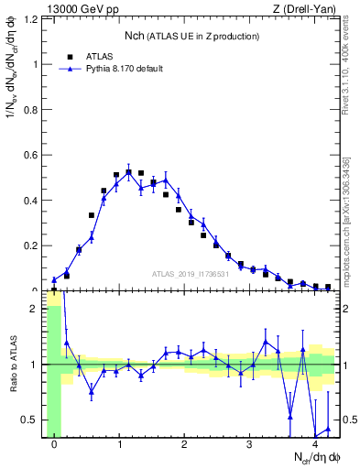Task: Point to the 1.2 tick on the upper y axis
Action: [32, 19]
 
